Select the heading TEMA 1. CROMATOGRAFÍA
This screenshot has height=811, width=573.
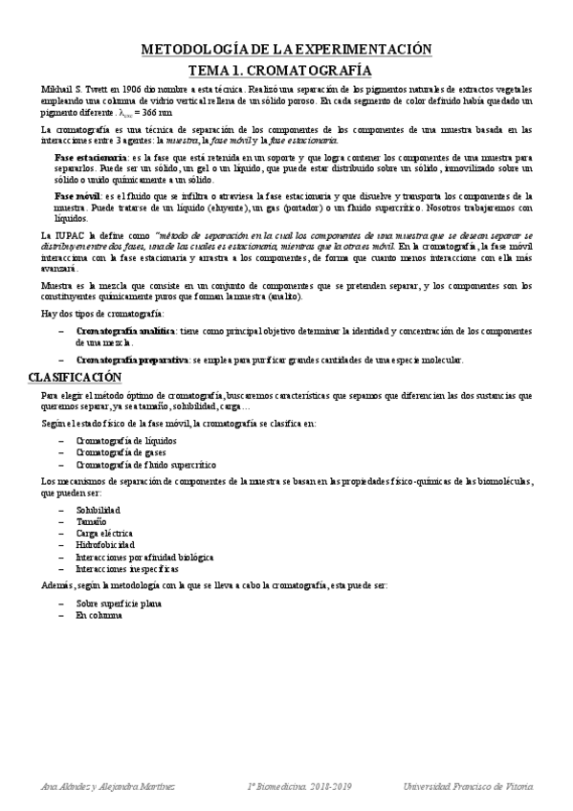coord(287,70)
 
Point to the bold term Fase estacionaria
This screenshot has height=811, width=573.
coord(91,156)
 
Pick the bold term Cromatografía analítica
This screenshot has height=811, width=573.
coord(124,330)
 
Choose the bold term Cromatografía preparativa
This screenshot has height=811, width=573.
coord(131,360)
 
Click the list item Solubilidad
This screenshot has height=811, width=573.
coord(98,511)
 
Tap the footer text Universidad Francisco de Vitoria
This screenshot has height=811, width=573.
coord(469,786)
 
